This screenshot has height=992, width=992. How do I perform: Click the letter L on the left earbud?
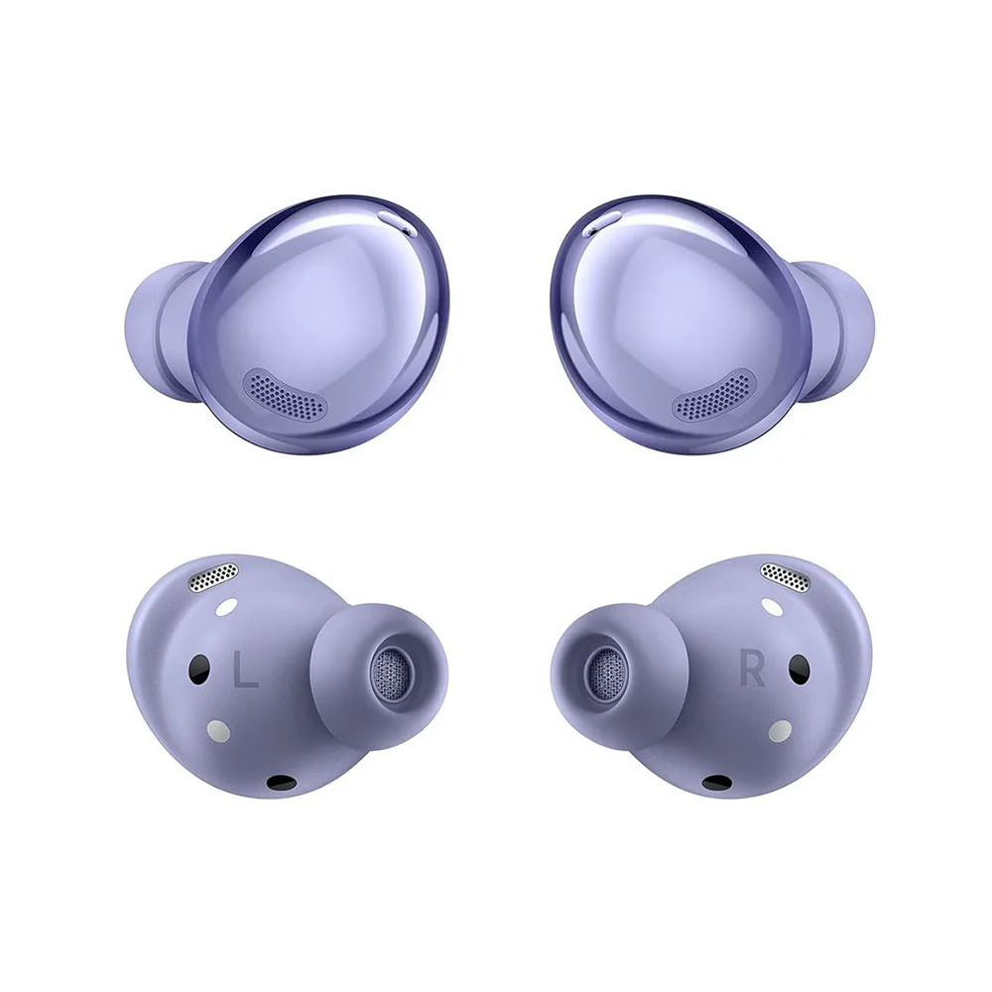245,672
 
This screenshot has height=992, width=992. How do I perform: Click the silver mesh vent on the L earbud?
214,577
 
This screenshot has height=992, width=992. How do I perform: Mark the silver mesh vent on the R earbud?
785,577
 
